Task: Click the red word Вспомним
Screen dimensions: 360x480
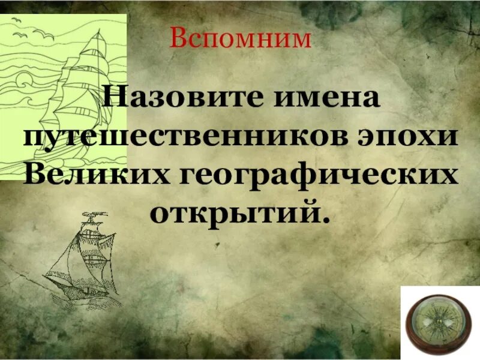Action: pyautogui.click(x=241, y=39)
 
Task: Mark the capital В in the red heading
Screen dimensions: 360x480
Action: pyautogui.click(x=179, y=39)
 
